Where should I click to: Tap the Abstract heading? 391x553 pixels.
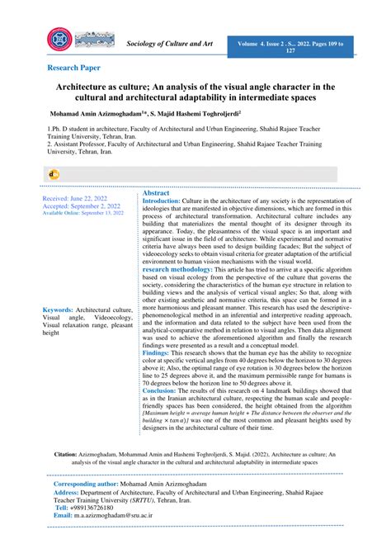(156, 191)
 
